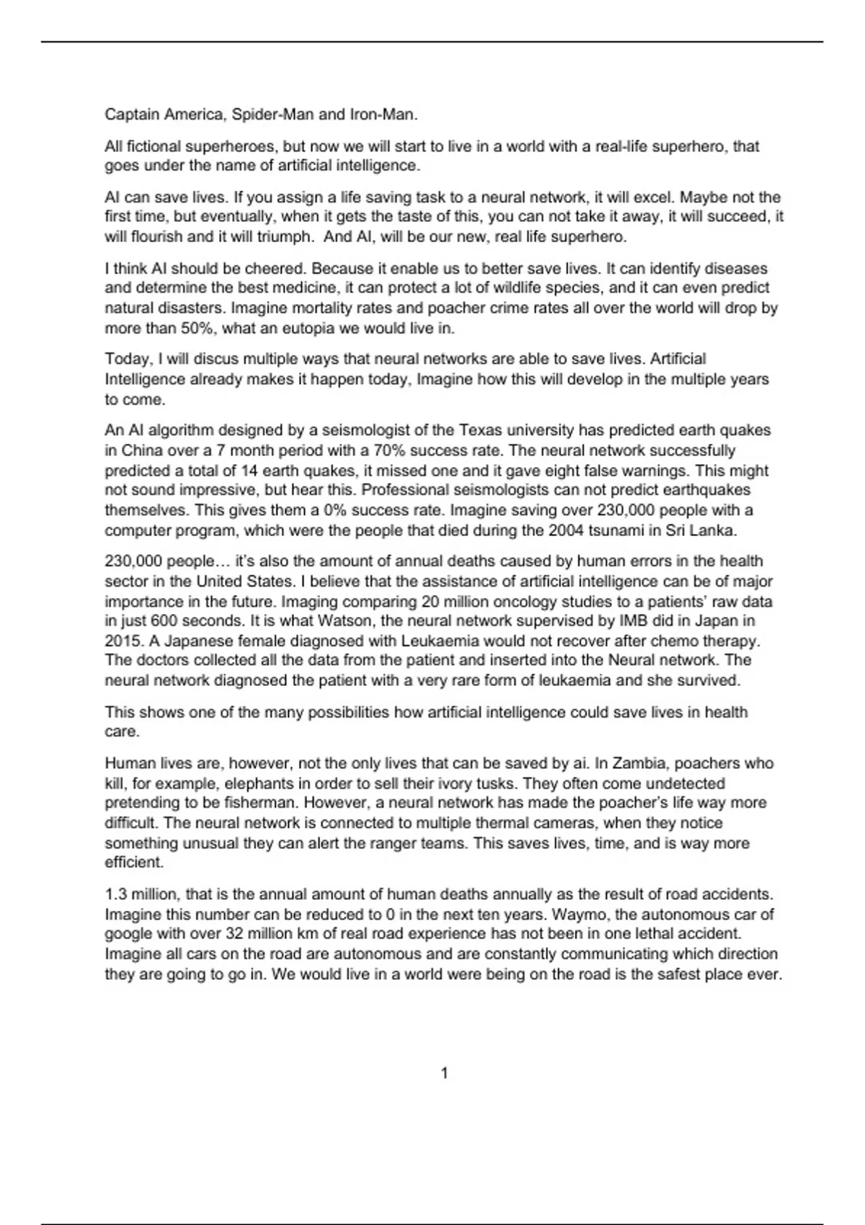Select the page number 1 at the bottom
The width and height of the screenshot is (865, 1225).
click(x=444, y=1074)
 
